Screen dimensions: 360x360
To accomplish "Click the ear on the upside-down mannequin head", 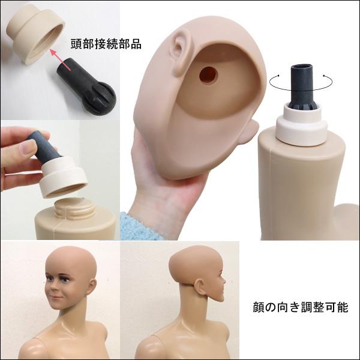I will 178,55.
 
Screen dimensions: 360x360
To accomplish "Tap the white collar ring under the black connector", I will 302,125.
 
